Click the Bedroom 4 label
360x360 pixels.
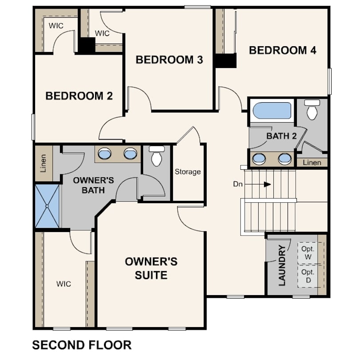tap(283, 50)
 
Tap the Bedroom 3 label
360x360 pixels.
tap(169, 60)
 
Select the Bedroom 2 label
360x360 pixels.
tap(79, 96)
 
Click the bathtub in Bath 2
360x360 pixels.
tap(272, 110)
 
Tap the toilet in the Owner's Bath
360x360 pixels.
tap(157, 156)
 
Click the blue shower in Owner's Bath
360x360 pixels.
tap(47, 206)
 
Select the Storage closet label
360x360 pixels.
tap(188, 172)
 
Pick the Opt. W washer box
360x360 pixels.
tap(308, 253)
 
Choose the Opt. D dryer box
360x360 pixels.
tap(308, 276)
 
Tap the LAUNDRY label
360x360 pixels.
tap(282, 265)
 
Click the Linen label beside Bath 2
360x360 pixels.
tap(312, 163)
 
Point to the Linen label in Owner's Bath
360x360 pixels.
tap(43, 163)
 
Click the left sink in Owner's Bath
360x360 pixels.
tap(105, 153)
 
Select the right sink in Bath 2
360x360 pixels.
tap(285, 159)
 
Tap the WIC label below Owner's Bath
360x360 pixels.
tap(64, 284)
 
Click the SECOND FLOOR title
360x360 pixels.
tap(82, 345)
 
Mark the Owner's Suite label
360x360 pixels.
tap(151, 268)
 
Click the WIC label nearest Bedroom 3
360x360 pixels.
tap(102, 33)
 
